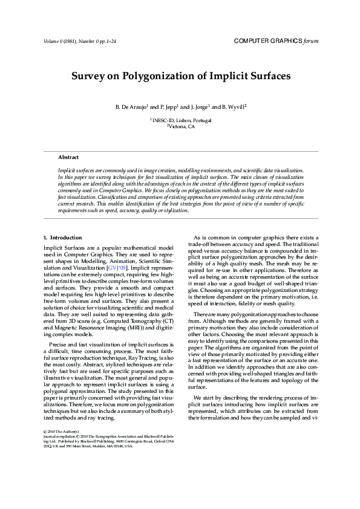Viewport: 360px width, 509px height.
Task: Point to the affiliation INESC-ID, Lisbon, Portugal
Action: (x=182, y=120)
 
